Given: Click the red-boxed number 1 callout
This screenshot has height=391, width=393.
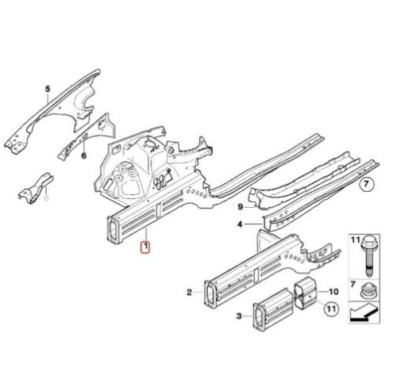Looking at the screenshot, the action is [x=145, y=247].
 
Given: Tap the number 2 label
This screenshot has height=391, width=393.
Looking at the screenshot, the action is [x=189, y=292].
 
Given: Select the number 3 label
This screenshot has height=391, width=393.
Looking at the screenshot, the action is [x=239, y=316].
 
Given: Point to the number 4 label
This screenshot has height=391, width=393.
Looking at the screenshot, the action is [x=240, y=224].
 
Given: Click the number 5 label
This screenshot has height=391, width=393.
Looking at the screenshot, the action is [x=48, y=89].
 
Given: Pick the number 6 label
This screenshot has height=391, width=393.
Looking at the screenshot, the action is [x=84, y=155].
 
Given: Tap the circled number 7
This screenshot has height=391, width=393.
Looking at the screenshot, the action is [x=367, y=184].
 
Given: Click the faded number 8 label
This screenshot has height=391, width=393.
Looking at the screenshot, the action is [x=46, y=197].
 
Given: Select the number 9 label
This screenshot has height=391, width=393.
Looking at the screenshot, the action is [x=240, y=206].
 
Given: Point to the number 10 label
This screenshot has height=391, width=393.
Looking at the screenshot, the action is [x=333, y=292].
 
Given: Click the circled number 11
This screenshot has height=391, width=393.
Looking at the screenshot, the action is [x=331, y=309].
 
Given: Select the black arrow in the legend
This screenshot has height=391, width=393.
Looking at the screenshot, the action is [x=364, y=312].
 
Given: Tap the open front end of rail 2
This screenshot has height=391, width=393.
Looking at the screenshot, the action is [x=210, y=294].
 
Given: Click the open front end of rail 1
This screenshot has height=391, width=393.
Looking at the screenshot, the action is [x=114, y=230].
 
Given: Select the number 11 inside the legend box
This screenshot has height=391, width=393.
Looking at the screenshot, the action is [x=356, y=240].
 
